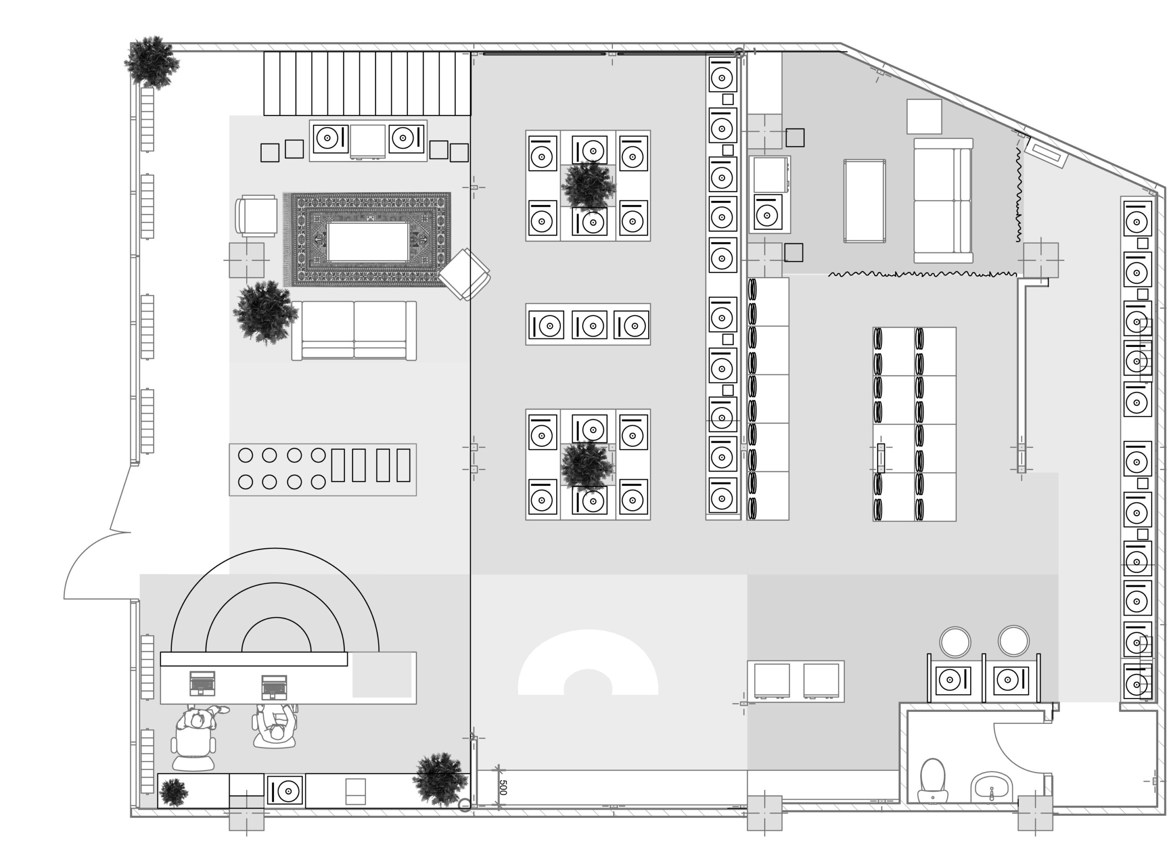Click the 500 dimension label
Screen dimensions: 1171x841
(x=503, y=787)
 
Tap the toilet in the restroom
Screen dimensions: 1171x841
(x=933, y=781)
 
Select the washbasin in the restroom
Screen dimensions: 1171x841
(x=991, y=787)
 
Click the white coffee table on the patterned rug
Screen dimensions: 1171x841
(x=368, y=242)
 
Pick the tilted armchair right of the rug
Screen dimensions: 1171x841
(x=465, y=274)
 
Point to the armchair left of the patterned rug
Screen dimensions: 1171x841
(x=256, y=216)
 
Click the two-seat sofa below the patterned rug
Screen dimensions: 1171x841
(x=354, y=331)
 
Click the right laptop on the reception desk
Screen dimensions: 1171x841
(x=274, y=687)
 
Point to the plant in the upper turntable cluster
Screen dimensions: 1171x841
(x=588, y=186)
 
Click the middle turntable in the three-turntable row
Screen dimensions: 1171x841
(x=589, y=325)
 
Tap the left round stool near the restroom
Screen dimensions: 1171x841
(x=955, y=642)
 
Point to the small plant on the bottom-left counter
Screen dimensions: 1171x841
(x=173, y=792)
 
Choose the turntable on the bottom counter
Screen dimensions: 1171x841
(x=285, y=790)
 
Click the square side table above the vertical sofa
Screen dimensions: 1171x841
(x=924, y=117)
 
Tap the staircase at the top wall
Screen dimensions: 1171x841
(x=367, y=83)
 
